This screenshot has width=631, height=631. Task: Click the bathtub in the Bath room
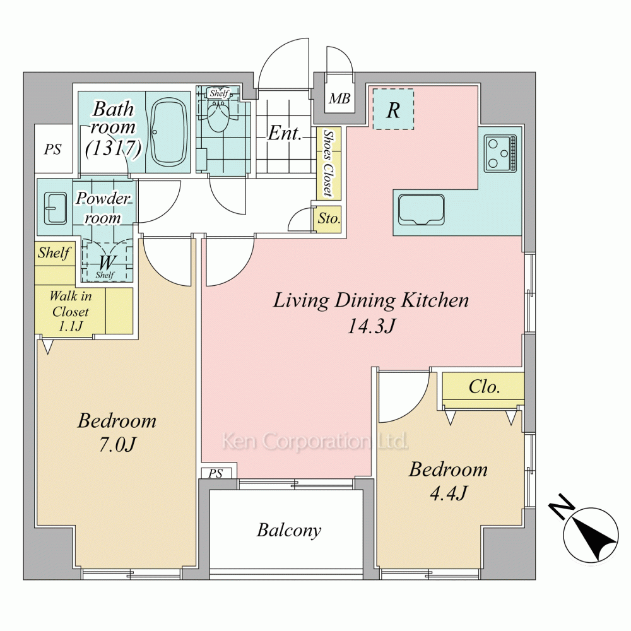point(168,133)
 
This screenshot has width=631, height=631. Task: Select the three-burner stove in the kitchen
point(501,154)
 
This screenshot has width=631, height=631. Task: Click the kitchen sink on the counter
point(422,209)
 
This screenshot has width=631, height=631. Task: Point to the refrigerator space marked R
point(393,109)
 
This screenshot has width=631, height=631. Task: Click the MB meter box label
point(339,98)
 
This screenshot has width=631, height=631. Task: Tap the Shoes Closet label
point(329,163)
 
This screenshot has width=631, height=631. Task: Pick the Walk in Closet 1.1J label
point(71,311)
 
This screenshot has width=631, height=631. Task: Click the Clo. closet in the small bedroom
point(483,387)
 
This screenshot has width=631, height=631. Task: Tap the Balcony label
point(289,530)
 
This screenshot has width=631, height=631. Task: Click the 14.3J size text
point(371,326)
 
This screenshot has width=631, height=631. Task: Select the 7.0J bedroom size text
point(117,445)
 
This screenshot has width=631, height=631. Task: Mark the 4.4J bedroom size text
point(448,493)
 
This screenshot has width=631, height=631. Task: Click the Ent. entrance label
point(285,133)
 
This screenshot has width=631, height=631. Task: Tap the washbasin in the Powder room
point(55,208)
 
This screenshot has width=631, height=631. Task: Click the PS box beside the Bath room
point(53,150)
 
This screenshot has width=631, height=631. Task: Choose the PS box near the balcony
point(216,473)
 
